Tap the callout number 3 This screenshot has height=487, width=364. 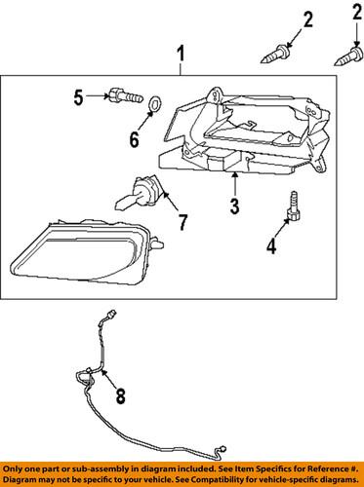(234, 205)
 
